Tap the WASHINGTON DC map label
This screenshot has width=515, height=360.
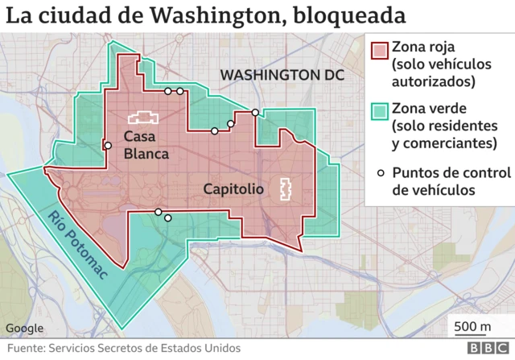coord(282,75)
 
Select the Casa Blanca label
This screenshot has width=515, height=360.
coord(146,145)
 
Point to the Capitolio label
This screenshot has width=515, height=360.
coord(233,190)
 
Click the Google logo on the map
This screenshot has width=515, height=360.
coord(25,328)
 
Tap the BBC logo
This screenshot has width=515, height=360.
coord(485,349)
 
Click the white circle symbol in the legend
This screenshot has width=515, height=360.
coord(378,172)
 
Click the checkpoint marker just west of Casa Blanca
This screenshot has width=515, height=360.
coord(107,146)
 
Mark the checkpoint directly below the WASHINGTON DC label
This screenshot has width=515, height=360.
coord(255,113)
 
